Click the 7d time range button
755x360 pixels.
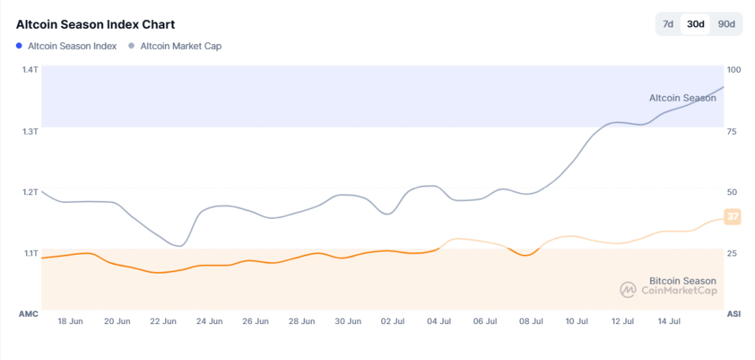[x=668, y=24]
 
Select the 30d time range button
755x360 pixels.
[x=695, y=24]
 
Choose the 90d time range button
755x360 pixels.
[x=726, y=24]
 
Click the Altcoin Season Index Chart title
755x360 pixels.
[x=95, y=25]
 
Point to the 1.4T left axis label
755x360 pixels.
[x=30, y=70]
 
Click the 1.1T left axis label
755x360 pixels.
[x=30, y=253]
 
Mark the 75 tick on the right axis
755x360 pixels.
[x=733, y=131]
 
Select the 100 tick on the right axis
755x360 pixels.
[x=734, y=70]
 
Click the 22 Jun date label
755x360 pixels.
[x=164, y=321]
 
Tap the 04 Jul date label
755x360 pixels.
[x=439, y=321]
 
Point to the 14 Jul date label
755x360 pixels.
[x=669, y=321]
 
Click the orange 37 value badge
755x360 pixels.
[x=733, y=217]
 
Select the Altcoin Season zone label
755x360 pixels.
[x=682, y=98]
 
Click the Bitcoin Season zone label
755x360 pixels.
[x=682, y=281]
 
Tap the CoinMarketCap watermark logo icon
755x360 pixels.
[x=627, y=290]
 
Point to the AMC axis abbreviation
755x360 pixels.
[x=27, y=314]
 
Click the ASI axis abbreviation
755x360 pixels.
[x=734, y=314]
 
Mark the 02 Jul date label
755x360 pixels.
[x=393, y=321]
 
